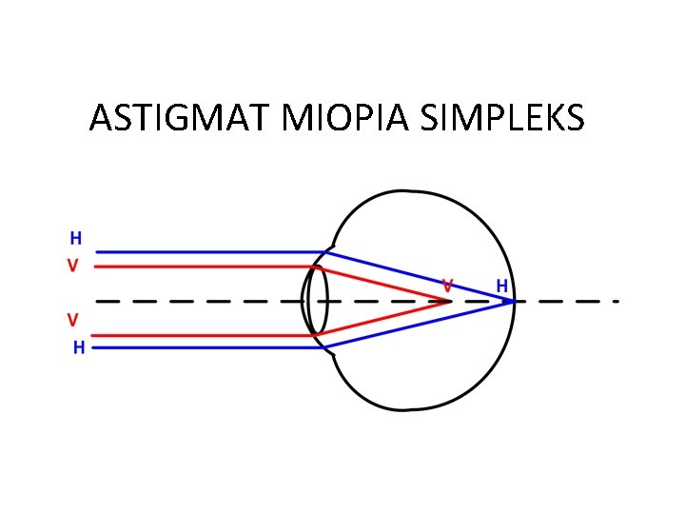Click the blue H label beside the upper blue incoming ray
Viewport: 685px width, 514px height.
(75, 238)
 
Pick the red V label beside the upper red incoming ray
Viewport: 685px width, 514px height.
(72, 267)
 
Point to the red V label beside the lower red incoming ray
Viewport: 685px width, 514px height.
(72, 318)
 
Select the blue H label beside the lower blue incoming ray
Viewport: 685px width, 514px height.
(79, 348)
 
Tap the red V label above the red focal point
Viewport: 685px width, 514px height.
(447, 285)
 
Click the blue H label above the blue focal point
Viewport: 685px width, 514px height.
(501, 286)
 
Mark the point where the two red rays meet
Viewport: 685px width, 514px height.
(450, 302)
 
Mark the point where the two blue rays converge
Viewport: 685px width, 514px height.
(514, 302)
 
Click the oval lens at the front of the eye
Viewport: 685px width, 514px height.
(317, 301)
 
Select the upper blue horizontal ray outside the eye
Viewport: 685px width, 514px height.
(209, 252)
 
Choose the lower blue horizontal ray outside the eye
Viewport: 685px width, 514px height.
(209, 348)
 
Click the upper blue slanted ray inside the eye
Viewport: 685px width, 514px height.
(419, 277)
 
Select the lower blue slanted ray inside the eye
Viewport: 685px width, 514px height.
(419, 326)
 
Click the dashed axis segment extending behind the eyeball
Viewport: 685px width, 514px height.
(571, 302)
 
